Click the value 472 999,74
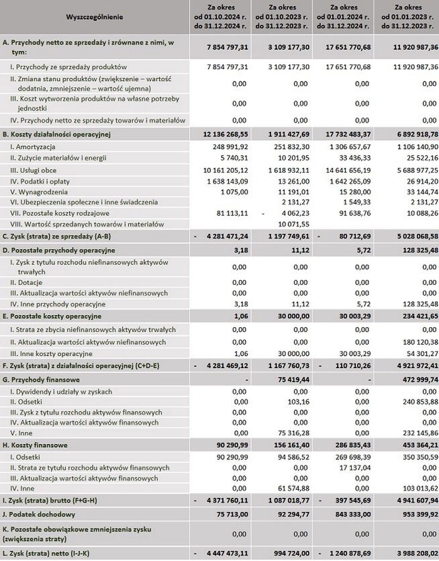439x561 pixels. tap(409, 380)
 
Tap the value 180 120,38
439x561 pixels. tap(409, 341)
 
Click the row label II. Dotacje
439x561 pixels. tap(31, 283)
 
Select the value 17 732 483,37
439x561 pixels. tap(352, 134)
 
